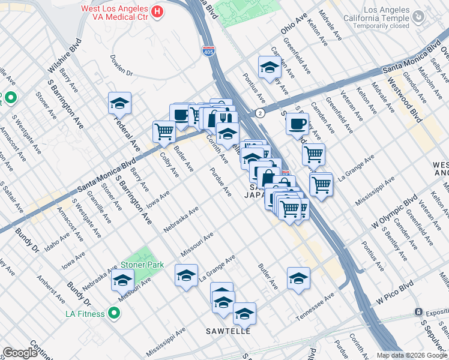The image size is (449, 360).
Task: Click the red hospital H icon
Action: pyautogui.click(x=157, y=11)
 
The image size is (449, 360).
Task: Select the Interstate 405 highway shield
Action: pyautogui.click(x=208, y=52)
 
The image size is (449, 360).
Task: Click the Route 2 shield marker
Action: pyautogui.click(x=260, y=112)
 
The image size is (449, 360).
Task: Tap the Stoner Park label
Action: pyautogui.click(x=142, y=264)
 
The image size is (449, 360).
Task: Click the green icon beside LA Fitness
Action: pyautogui.click(x=114, y=313)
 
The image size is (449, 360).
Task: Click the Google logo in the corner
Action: pyautogui.click(x=20, y=353)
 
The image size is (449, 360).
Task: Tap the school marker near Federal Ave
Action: pyautogui.click(x=119, y=103)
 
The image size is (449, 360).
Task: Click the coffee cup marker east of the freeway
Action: pyautogui.click(x=297, y=124)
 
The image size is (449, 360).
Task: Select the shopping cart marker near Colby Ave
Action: pyautogui.click(x=164, y=131)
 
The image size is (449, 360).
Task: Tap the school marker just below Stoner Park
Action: pyautogui.click(x=122, y=280)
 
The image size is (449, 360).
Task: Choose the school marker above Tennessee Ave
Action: pyautogui.click(x=298, y=278)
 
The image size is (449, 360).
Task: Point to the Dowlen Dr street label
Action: pyautogui.click(x=121, y=65)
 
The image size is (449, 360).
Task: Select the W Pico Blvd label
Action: pyautogui.click(x=396, y=290)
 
